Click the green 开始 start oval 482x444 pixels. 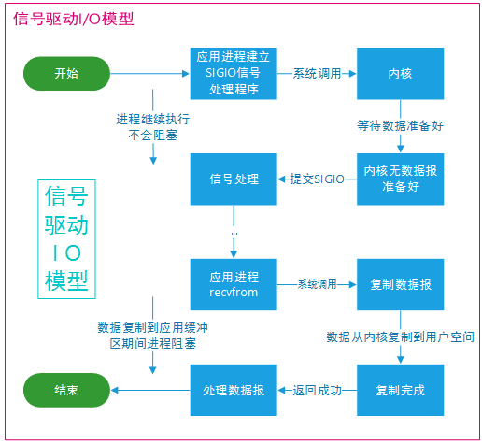(x=66, y=74)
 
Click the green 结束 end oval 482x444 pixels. (x=66, y=390)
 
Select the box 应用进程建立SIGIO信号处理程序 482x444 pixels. (x=234, y=74)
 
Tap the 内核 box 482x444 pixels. (x=400, y=74)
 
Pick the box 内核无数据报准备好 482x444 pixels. (x=400, y=179)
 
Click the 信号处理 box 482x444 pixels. (x=234, y=179)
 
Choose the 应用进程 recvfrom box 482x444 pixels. (x=234, y=284)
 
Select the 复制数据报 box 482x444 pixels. (x=400, y=284)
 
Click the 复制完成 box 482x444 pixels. (x=400, y=390)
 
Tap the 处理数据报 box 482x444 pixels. (x=234, y=390)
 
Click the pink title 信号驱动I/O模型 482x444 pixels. (x=74, y=19)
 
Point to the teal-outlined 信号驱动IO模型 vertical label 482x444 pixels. (x=66, y=239)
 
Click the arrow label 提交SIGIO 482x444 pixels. (x=317, y=179)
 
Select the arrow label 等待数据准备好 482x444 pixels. (x=400, y=126)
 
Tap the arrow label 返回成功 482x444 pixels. (x=317, y=390)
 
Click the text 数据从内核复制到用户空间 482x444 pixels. (x=400, y=337)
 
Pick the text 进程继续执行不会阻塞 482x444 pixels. (x=152, y=127)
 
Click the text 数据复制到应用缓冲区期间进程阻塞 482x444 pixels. (x=152, y=336)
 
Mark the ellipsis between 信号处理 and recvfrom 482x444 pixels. (x=234, y=234)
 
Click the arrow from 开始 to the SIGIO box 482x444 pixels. (x=149, y=74)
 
